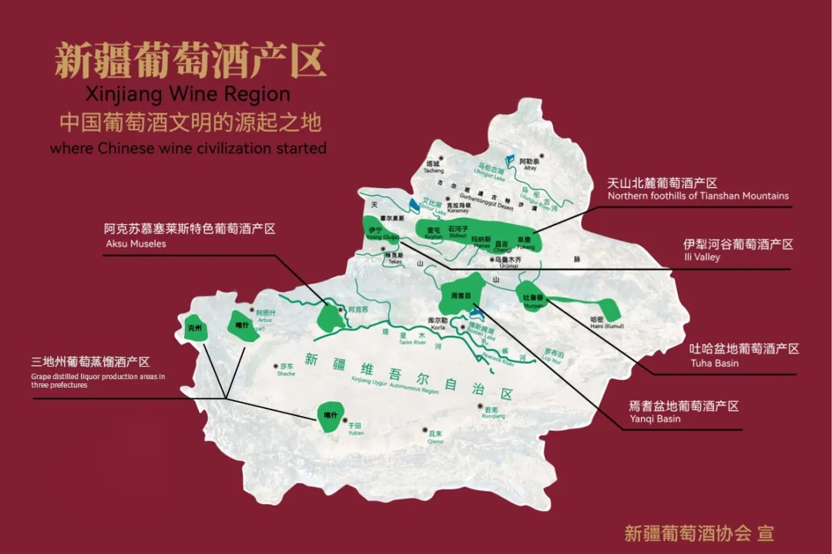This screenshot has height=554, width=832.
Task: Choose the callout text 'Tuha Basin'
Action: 713,363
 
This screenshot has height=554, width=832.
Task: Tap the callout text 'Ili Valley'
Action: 701,257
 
